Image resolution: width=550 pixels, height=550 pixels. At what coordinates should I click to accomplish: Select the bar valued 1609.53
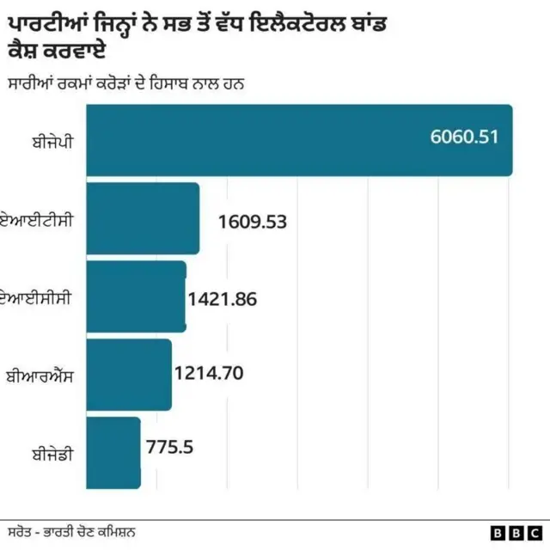pyautogui.click(x=143, y=218)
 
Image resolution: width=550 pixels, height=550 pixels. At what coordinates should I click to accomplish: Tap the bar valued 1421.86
pyautogui.click(x=136, y=296)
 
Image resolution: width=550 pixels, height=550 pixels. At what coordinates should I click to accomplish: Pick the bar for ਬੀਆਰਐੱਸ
pyautogui.click(x=129, y=374)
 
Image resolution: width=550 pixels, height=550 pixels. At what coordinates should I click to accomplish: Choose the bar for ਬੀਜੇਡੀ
pyautogui.click(x=113, y=452)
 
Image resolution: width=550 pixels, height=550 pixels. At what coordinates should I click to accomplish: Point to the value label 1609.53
pyautogui.click(x=252, y=222)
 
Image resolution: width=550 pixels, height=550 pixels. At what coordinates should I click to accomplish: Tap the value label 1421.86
pyautogui.click(x=223, y=299)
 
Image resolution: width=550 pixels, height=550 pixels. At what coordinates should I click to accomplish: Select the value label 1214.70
pyautogui.click(x=209, y=373)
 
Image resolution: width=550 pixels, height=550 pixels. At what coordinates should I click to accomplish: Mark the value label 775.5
pyautogui.click(x=169, y=447)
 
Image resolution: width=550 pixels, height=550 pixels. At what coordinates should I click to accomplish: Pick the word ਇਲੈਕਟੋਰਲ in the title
pyautogui.click(x=297, y=24)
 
